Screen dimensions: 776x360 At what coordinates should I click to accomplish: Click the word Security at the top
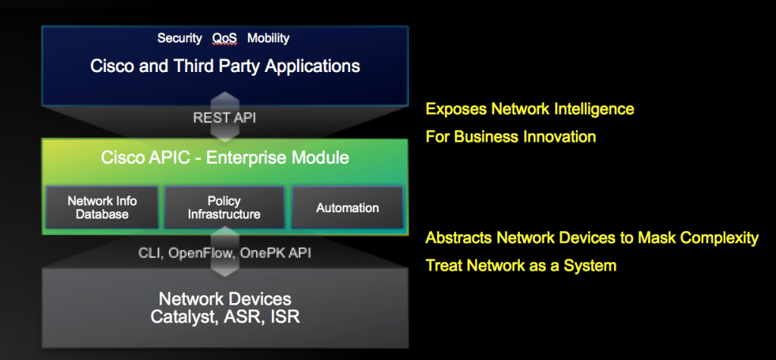[180, 38]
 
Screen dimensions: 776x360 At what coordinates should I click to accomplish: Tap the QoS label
[224, 38]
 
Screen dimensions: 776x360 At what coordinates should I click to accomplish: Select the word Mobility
[268, 38]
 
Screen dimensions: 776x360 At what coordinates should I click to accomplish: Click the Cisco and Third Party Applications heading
[225, 66]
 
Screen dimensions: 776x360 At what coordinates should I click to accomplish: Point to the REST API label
[224, 118]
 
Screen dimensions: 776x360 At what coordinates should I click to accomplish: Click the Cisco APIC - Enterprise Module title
[225, 158]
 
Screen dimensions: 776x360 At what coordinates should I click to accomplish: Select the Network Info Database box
[102, 208]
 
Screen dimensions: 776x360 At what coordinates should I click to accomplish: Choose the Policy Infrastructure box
[224, 208]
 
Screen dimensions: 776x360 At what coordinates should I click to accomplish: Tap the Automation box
[347, 208]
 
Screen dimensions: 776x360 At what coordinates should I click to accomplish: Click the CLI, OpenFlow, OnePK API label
[224, 253]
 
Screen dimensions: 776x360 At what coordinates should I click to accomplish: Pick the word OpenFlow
[202, 253]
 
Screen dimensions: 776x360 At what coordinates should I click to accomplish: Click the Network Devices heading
[225, 299]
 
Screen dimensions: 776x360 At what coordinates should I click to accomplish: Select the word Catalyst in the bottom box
[183, 317]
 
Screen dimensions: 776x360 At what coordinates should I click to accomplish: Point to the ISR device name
[285, 317]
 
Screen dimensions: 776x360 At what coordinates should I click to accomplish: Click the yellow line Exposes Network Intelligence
[530, 108]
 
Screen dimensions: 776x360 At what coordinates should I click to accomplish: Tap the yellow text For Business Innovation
[511, 136]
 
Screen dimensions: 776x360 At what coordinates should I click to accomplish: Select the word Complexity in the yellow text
[720, 238]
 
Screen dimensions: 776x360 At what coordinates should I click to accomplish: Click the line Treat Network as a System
[521, 266]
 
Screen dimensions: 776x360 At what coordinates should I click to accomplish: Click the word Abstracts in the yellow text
[458, 238]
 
